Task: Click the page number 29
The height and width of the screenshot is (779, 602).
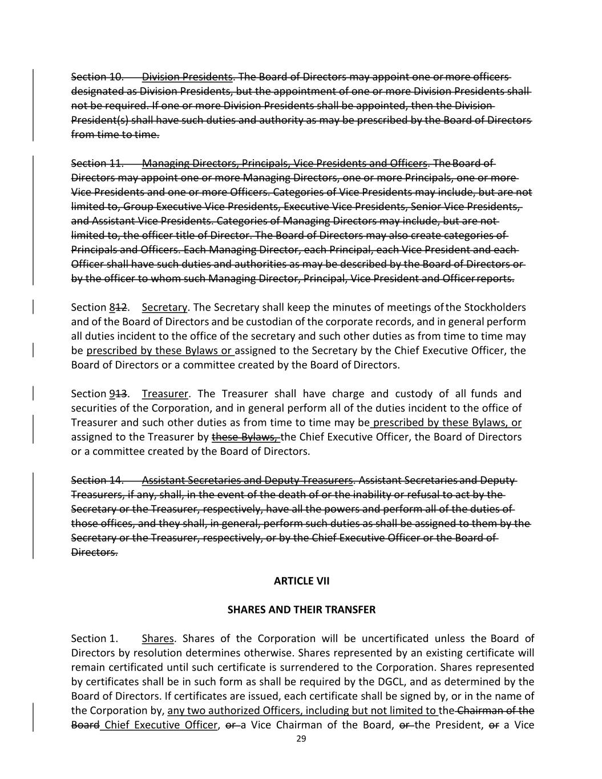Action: [301, 739]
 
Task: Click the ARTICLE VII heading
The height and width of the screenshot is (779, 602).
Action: [301, 581]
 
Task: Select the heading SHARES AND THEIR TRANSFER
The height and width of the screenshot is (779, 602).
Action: [301, 610]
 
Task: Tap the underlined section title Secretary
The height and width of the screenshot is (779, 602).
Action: [164, 308]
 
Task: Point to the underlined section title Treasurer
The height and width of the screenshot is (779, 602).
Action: [164, 394]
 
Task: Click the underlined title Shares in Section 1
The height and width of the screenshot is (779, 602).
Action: [157, 639]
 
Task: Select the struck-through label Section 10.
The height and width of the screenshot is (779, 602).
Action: [97, 77]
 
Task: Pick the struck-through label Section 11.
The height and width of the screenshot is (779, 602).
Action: [97, 164]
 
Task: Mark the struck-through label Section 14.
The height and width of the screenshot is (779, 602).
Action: [97, 480]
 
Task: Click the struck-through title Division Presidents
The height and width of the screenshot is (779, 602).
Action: [187, 77]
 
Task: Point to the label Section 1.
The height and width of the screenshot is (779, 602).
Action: [95, 639]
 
